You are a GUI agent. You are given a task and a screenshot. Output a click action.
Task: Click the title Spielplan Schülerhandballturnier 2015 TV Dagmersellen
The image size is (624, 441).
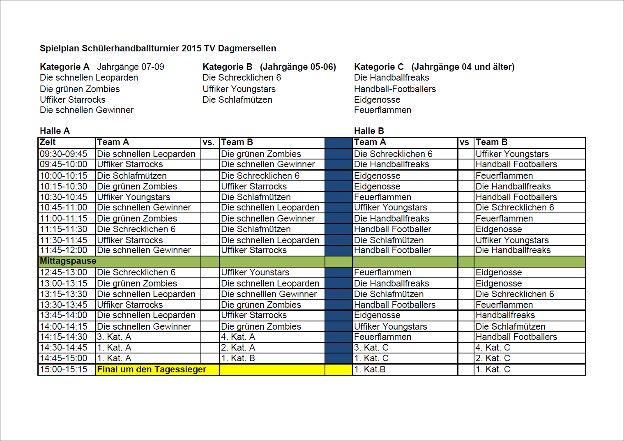(x=158, y=48)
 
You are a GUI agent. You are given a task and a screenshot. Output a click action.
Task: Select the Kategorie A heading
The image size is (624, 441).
(x=64, y=67)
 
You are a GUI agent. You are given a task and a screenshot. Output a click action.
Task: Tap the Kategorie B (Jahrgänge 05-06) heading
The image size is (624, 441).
(x=269, y=67)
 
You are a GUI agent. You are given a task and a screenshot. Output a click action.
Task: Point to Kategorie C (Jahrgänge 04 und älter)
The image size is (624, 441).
(x=434, y=67)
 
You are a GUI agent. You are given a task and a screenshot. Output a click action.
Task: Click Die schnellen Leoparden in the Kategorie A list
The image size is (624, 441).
(x=89, y=78)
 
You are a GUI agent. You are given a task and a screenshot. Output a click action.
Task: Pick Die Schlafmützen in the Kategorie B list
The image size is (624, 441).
(x=237, y=100)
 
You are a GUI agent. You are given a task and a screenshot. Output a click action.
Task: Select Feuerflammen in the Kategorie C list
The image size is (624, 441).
(x=382, y=110)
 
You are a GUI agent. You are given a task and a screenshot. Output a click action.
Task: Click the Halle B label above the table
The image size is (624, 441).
(x=368, y=131)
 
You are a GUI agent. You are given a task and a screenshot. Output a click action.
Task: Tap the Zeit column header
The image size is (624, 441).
(x=48, y=142)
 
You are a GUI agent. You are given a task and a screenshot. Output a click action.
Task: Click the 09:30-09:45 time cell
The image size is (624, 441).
(x=64, y=154)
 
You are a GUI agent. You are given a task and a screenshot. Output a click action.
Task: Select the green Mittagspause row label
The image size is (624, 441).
(x=68, y=261)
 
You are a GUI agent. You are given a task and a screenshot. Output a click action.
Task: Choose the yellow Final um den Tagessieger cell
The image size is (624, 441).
(x=152, y=369)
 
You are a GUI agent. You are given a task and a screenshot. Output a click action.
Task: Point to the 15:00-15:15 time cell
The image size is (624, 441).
(x=64, y=369)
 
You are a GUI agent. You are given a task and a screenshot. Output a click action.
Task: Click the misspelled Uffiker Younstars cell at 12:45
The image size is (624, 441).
(x=255, y=272)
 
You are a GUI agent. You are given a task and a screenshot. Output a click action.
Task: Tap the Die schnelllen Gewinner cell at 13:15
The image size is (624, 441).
(x=269, y=294)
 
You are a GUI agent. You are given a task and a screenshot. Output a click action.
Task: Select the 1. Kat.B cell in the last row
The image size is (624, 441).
(x=370, y=369)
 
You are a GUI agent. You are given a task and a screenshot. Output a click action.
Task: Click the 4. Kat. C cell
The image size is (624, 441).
(x=493, y=348)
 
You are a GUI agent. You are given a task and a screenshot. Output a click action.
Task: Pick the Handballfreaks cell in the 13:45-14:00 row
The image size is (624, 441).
(x=505, y=315)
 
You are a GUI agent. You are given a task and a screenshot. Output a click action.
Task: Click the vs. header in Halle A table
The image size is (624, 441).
(x=209, y=143)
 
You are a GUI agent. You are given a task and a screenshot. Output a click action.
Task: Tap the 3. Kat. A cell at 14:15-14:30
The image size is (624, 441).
(x=114, y=337)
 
